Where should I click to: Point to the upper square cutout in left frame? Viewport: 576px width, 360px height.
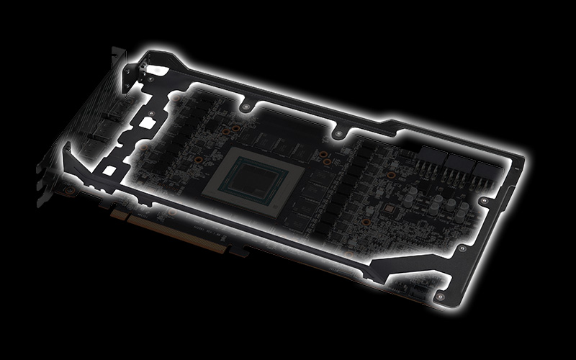point(148,124)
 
